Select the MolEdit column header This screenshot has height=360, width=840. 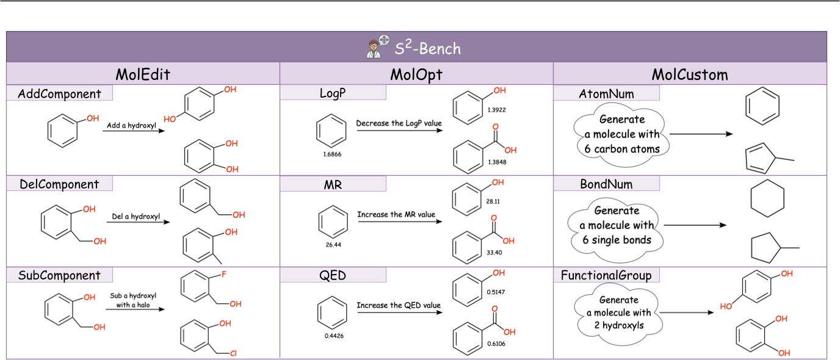click(143, 74)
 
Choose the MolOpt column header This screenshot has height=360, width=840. click(416, 74)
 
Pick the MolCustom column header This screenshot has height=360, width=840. click(690, 74)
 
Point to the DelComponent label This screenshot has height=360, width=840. click(59, 184)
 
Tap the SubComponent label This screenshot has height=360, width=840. click(59, 275)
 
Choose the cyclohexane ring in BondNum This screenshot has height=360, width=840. click(768, 201)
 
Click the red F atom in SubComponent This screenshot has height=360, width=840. click(224, 275)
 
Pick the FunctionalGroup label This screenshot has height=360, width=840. click(606, 275)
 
